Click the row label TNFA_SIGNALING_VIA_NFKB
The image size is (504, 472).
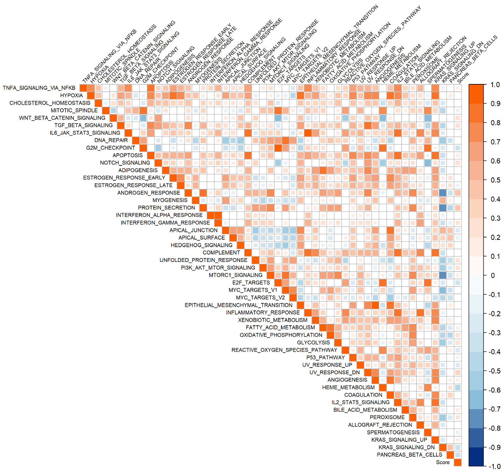click(x=39, y=88)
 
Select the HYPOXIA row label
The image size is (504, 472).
click(x=71, y=95)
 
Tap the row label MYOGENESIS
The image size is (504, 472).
click(x=170, y=200)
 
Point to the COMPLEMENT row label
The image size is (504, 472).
click(x=221, y=253)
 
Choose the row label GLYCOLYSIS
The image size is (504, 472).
click(x=313, y=343)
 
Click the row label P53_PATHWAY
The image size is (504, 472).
click(x=325, y=358)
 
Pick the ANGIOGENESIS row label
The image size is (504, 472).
click(x=347, y=380)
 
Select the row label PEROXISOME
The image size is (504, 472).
click(x=387, y=417)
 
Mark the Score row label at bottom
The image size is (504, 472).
click(x=443, y=462)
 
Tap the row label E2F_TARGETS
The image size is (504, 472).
click(x=251, y=283)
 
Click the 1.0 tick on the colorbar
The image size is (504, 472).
click(x=495, y=85)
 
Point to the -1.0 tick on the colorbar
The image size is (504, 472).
click(x=494, y=467)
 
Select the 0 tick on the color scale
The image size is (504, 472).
click(x=493, y=276)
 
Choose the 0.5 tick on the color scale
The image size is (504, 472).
click(x=495, y=180)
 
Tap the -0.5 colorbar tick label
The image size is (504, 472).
click(x=494, y=371)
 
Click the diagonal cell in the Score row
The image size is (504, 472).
click(x=458, y=462)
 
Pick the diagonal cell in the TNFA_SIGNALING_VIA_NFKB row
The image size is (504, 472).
click(x=83, y=88)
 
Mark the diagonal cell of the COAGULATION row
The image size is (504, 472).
click(x=390, y=395)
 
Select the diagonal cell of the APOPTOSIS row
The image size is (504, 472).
click(x=150, y=155)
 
